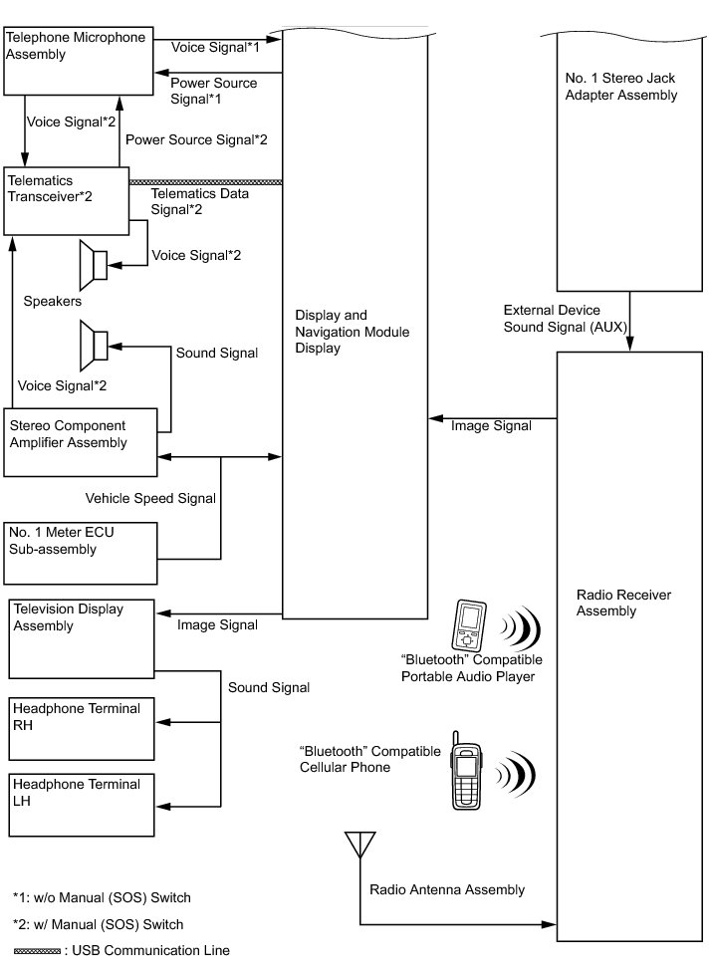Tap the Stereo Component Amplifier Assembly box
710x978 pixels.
point(81,434)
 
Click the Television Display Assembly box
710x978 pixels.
point(82,637)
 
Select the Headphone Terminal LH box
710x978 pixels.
point(82,804)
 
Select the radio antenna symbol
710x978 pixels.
point(357,846)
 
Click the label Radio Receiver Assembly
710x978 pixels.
point(623,603)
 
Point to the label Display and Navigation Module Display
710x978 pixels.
point(345,332)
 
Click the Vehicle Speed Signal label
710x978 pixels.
point(150,498)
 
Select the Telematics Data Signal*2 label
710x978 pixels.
point(199,201)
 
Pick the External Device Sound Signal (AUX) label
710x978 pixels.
point(566,318)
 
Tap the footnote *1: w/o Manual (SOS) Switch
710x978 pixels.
point(102,897)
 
